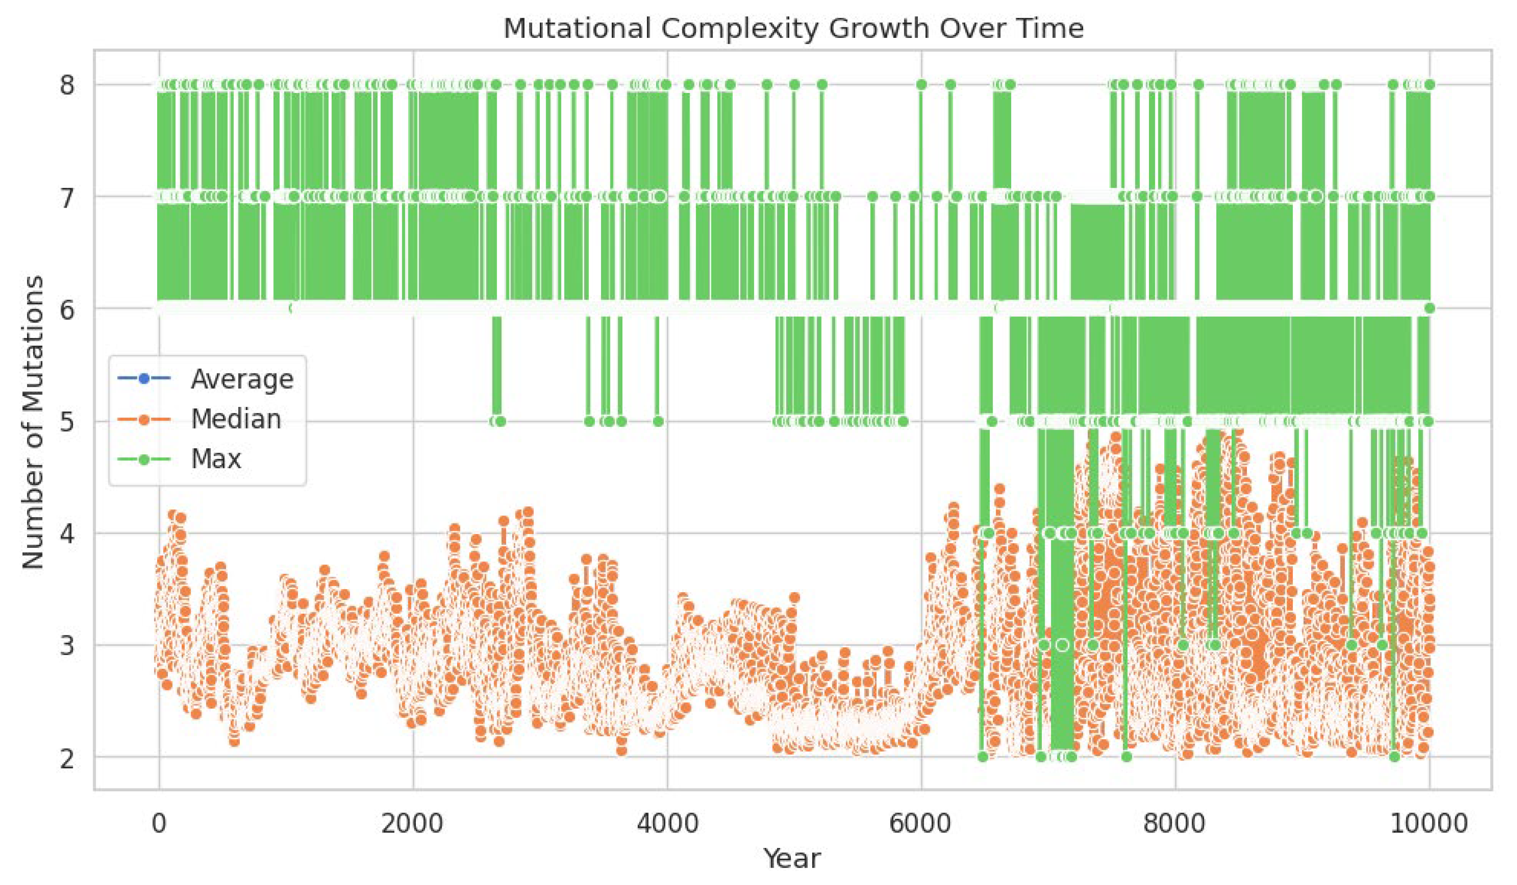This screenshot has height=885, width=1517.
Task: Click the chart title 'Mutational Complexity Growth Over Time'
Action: click(x=793, y=28)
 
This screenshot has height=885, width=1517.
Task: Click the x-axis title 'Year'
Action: click(x=792, y=858)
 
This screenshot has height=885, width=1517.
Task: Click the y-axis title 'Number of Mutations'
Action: click(x=34, y=422)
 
